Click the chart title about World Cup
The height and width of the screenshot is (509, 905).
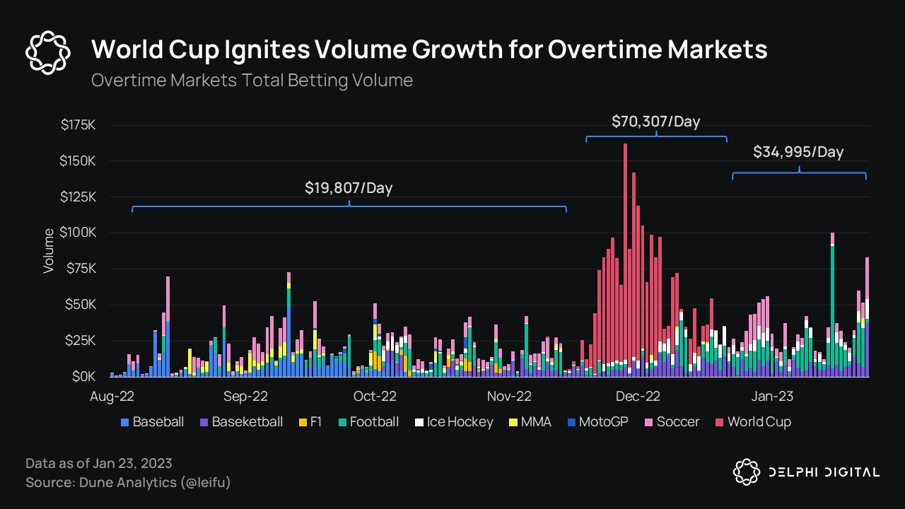click(x=429, y=49)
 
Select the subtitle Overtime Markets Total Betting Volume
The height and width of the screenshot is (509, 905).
click(x=252, y=80)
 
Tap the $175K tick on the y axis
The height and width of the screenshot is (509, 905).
click(x=78, y=125)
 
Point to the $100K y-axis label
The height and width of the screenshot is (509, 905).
click(x=78, y=233)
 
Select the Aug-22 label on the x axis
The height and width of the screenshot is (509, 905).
click(x=112, y=397)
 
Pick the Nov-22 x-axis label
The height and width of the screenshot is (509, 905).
click(x=508, y=397)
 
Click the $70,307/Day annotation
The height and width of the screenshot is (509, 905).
click(x=655, y=122)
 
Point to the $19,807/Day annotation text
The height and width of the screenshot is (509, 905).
click(x=349, y=188)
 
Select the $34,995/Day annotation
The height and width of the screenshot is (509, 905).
click(x=798, y=152)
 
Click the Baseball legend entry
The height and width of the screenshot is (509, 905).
click(x=153, y=422)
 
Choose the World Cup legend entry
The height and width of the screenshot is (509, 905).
click(x=753, y=422)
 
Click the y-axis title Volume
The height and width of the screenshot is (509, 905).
click(x=49, y=251)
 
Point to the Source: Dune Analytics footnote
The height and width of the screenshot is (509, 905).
click(x=128, y=483)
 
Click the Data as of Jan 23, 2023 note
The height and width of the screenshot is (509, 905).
click(x=99, y=464)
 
